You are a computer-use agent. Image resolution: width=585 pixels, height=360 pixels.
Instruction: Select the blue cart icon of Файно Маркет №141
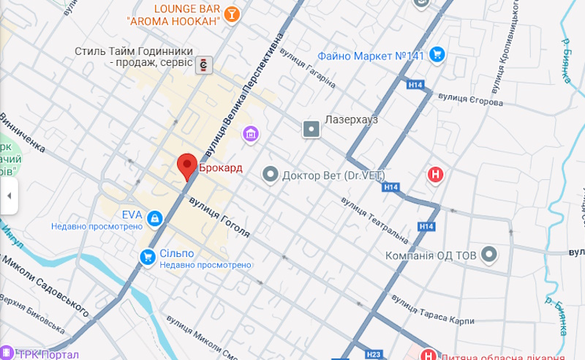[x=437, y=53]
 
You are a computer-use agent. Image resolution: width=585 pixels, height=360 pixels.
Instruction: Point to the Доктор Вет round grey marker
[x=271, y=174]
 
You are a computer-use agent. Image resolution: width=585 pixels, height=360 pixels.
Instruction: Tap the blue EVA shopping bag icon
[x=154, y=218]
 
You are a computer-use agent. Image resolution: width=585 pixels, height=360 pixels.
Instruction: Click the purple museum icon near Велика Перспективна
[x=252, y=134]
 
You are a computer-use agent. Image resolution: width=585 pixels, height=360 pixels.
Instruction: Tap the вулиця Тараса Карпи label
[x=432, y=310]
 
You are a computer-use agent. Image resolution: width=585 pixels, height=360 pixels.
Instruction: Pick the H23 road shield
[x=373, y=354]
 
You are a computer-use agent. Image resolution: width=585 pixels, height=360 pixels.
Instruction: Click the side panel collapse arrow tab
[x=9, y=195]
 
